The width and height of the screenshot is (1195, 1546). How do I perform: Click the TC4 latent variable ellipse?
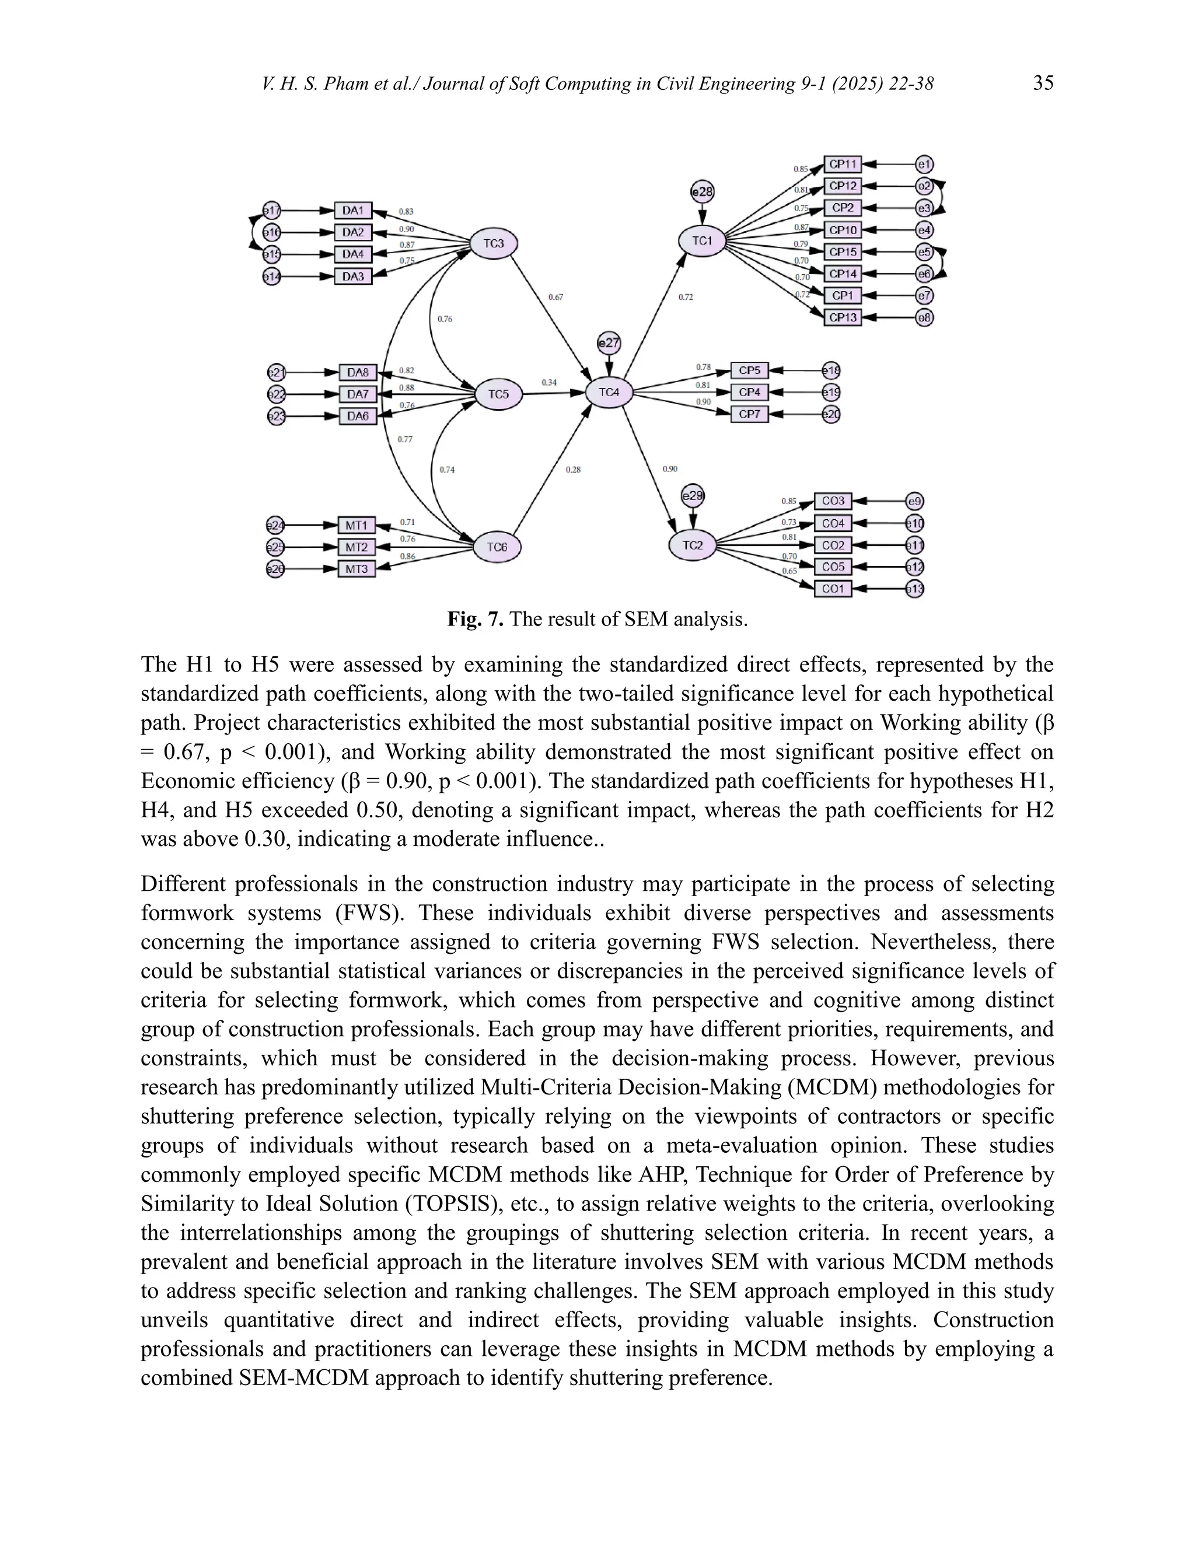pyautogui.click(x=609, y=392)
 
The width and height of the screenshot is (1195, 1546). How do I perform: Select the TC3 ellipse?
pyautogui.click(x=494, y=243)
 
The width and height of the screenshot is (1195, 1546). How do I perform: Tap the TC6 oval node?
pyautogui.click(x=497, y=547)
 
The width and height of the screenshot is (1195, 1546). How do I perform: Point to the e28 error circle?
pyautogui.click(x=703, y=192)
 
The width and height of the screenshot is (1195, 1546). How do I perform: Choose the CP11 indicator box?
pyautogui.click(x=843, y=165)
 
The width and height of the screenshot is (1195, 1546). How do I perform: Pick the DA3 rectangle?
pyautogui.click(x=352, y=276)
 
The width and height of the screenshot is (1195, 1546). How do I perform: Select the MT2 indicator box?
pyautogui.click(x=356, y=547)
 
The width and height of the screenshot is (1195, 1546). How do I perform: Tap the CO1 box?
pyautogui.click(x=833, y=589)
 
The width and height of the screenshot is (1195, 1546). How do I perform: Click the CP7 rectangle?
pyautogui.click(x=749, y=414)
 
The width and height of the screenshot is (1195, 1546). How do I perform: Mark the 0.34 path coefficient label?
pyautogui.click(x=548, y=383)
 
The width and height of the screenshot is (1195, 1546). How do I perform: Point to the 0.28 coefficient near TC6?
pyautogui.click(x=573, y=469)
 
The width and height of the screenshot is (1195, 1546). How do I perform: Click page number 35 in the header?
pyautogui.click(x=1043, y=83)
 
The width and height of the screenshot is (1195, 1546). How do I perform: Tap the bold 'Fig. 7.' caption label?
pyautogui.click(x=475, y=620)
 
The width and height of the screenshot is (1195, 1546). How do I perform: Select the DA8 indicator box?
pyautogui.click(x=358, y=372)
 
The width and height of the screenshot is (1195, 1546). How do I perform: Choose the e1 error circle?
pyautogui.click(x=924, y=165)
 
